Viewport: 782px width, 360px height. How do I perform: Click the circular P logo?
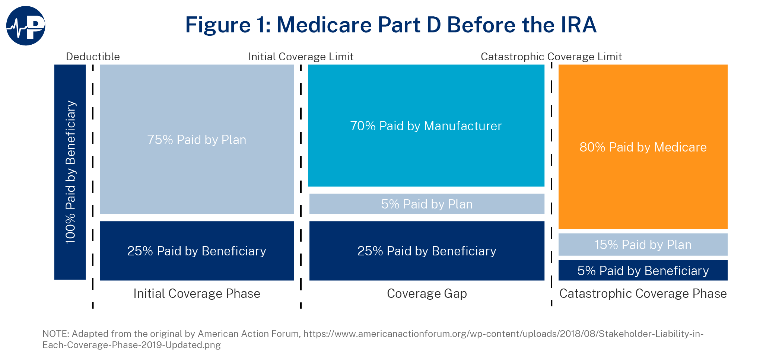click(x=26, y=26)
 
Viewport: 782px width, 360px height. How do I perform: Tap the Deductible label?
click(x=93, y=57)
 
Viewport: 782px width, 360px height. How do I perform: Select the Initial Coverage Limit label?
click(x=301, y=57)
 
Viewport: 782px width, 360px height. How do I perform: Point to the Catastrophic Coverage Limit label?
click(x=551, y=57)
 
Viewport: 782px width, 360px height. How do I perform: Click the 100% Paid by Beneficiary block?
click(x=70, y=172)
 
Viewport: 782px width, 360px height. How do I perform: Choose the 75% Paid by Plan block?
click(x=197, y=140)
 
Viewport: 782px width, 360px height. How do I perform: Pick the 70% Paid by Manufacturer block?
click(x=426, y=126)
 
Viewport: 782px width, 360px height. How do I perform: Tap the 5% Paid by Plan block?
click(x=427, y=204)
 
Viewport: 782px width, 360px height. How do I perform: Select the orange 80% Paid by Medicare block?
click(x=643, y=147)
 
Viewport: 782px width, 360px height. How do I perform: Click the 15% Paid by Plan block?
click(x=643, y=245)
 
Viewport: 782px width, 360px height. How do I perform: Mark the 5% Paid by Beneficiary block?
click(x=643, y=271)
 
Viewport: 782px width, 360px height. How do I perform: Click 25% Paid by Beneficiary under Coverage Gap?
click(x=427, y=251)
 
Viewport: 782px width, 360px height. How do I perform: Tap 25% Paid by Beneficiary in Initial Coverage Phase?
click(x=197, y=251)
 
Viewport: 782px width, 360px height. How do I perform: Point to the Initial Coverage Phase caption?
click(x=197, y=293)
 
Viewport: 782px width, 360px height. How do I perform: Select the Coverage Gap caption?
click(x=427, y=293)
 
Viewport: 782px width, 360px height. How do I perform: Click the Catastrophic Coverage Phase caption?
click(x=643, y=293)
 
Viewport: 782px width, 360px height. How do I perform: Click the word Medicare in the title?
click(x=324, y=25)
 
